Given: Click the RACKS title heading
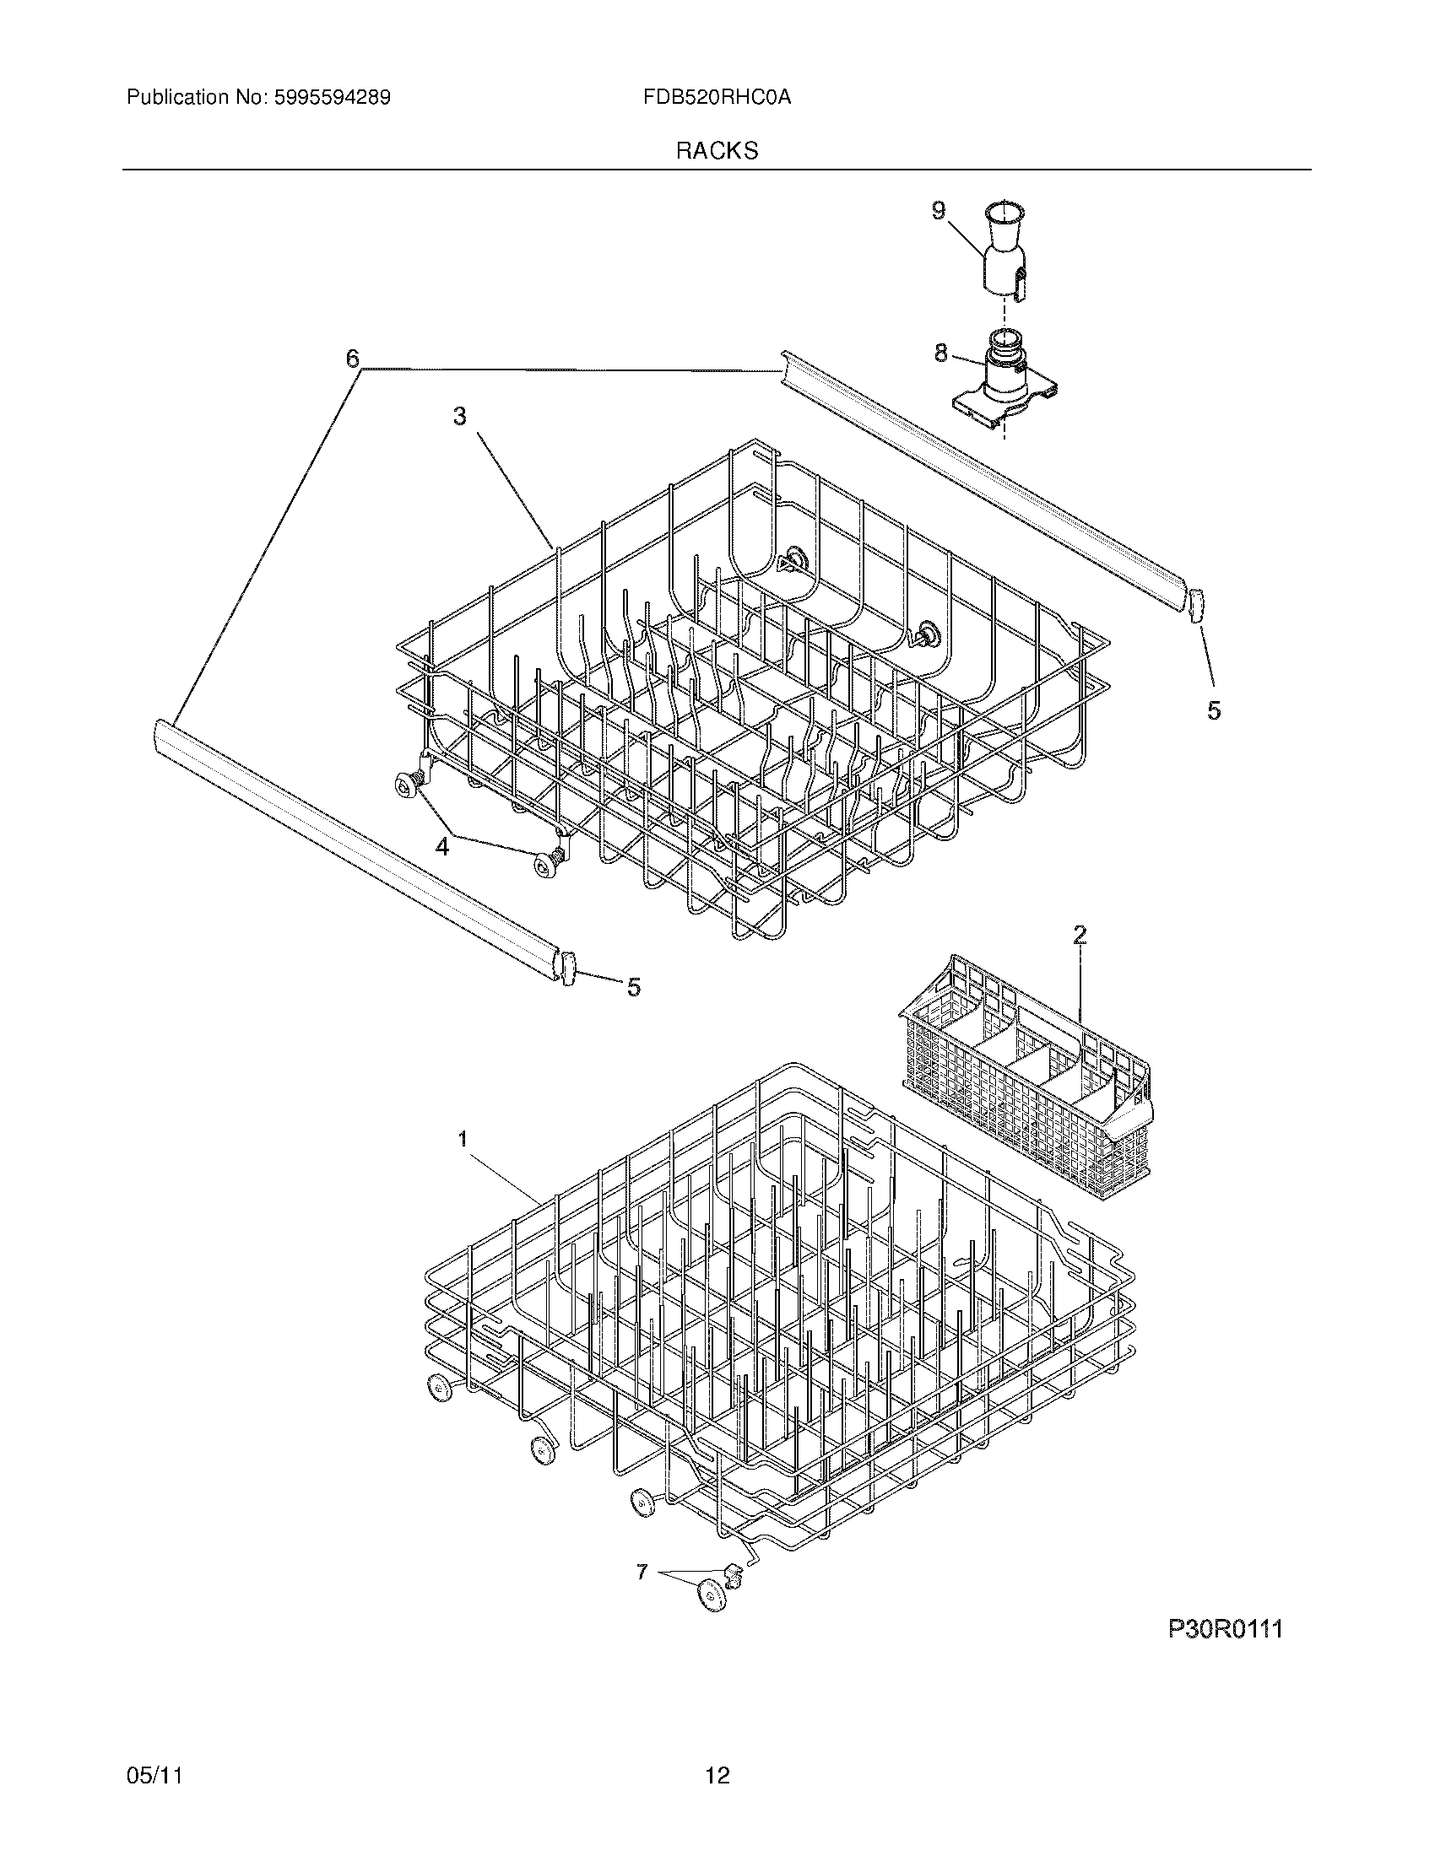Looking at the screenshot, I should (717, 151).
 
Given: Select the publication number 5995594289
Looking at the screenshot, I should (332, 98).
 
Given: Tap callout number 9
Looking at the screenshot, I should (939, 211).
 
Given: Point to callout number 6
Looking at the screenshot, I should (352, 359).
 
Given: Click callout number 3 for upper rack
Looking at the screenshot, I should (459, 417).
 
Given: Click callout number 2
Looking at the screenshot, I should (1079, 936).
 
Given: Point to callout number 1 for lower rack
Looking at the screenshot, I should (463, 1139).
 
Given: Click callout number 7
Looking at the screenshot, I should (642, 1573).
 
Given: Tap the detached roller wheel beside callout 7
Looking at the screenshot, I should (712, 1597).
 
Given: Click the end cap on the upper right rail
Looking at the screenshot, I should (1196, 607).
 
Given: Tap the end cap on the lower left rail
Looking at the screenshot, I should (569, 968).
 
